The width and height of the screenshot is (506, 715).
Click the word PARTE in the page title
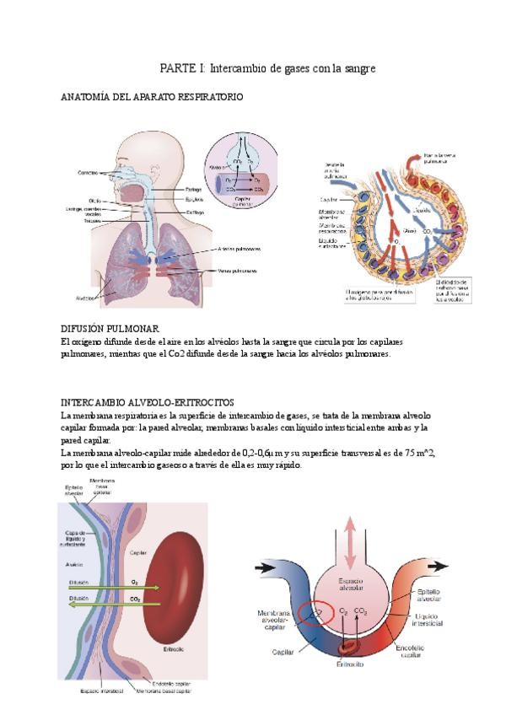(177, 67)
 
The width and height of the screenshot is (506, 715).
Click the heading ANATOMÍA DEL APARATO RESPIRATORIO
(152, 97)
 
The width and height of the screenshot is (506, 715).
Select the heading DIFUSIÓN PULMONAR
(110, 327)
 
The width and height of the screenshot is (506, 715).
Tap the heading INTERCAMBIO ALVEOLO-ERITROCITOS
(148, 402)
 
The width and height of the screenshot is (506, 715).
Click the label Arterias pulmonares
(238, 249)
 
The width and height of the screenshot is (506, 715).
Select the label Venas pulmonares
(236, 271)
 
